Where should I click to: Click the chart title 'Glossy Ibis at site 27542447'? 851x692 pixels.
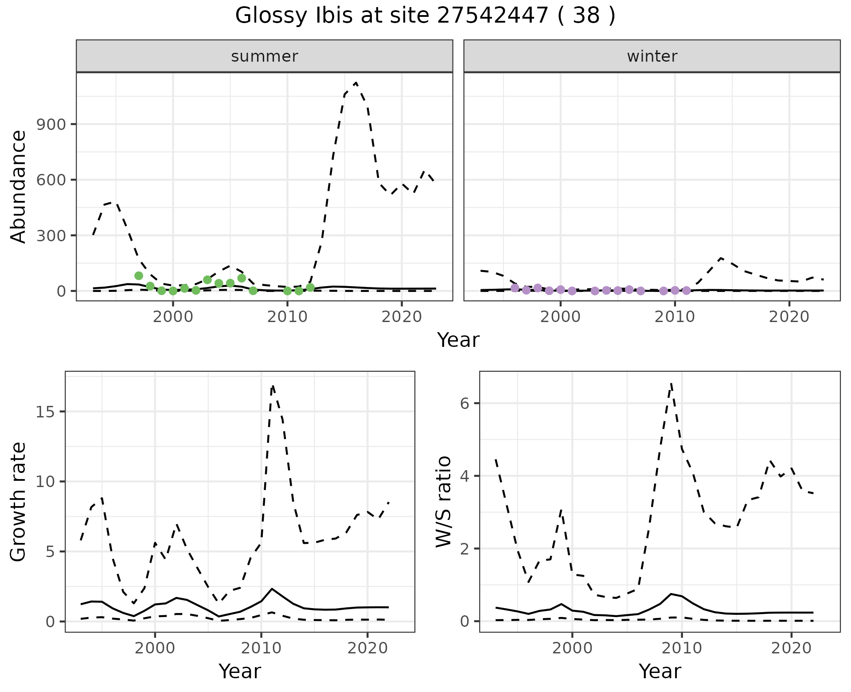click(425, 16)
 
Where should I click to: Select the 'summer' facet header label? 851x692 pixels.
click(264, 56)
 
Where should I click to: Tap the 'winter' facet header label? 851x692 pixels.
click(652, 56)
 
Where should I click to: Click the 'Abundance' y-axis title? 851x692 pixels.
click(19, 186)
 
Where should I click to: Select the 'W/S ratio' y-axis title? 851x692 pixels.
click(443, 501)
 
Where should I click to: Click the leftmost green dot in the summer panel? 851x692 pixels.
click(139, 276)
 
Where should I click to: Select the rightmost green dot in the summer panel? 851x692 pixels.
click(310, 287)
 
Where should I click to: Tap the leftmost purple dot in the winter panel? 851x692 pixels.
click(515, 288)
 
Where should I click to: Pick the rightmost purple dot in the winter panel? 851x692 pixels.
click(686, 291)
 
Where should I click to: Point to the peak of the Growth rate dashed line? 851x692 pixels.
click(273, 386)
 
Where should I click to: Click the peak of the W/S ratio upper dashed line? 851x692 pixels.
click(671, 383)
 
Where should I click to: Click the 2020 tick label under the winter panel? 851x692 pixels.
click(789, 318)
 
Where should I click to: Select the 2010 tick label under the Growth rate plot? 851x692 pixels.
click(261, 649)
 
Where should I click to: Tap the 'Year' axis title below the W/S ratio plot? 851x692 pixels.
click(660, 672)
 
